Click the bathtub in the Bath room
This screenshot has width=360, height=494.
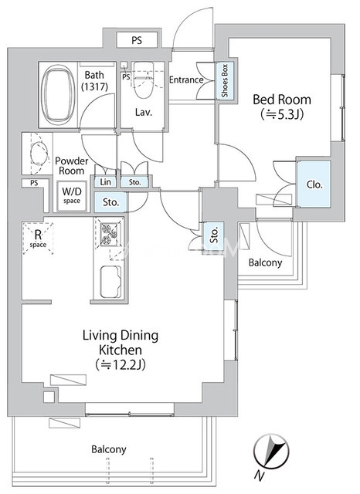[58, 95]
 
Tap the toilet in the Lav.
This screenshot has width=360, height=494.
[144, 80]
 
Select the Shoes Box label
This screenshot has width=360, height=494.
[225, 80]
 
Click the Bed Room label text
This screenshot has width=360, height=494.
[282, 100]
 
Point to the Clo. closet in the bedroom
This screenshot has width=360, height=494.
[314, 184]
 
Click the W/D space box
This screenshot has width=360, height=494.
[72, 195]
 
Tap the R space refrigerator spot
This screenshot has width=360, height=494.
[38, 238]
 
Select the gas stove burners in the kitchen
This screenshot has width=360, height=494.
[108, 234]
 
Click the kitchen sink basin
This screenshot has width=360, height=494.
[110, 282]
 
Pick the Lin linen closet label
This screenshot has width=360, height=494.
[105, 182]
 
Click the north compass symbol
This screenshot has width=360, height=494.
[271, 451]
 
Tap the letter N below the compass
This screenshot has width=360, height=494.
[259, 475]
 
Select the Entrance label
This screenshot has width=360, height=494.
[186, 80]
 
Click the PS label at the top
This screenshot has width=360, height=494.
[137, 40]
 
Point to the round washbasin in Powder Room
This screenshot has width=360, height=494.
[39, 154]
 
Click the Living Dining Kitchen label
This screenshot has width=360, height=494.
[121, 343]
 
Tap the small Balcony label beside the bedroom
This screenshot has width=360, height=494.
[265, 262]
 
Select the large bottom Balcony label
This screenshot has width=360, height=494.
[109, 449]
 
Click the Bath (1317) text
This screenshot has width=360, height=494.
[94, 80]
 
